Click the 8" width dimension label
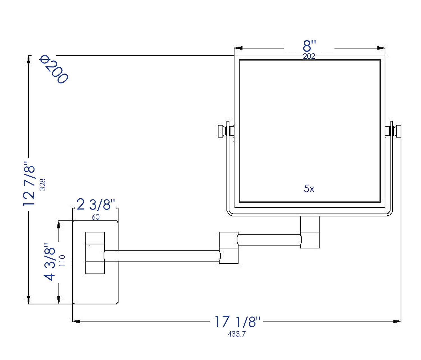click(309, 46)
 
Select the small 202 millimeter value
click(309, 56)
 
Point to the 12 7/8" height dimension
click(29, 184)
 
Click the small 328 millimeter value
click(42, 185)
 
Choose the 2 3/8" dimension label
click(96, 205)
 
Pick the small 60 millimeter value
click(95, 217)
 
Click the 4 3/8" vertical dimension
click(50, 262)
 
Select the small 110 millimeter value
click(62, 261)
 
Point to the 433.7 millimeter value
click(236, 334)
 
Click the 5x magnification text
click(309, 189)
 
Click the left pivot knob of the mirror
click(222, 131)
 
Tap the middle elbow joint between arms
click(228, 248)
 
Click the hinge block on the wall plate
click(95, 253)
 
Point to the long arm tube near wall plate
click(161, 256)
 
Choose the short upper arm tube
click(269, 240)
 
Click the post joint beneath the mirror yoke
click(310, 232)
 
